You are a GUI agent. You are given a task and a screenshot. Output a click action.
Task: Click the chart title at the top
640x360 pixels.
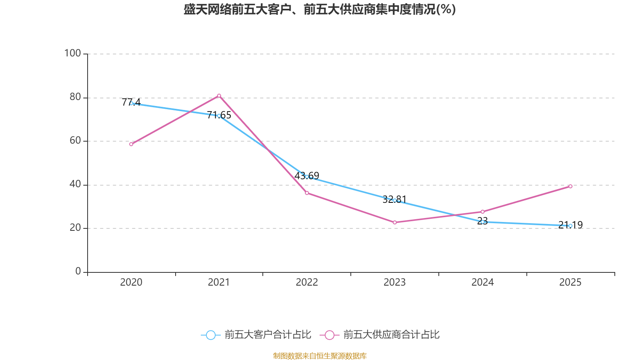320,10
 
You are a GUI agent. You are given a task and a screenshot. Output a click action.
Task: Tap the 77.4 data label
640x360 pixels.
131,102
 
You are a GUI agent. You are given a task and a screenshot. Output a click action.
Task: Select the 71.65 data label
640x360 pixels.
219,115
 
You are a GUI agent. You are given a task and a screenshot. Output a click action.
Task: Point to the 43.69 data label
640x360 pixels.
306,176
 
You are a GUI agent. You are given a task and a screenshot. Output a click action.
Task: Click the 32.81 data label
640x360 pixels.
394,199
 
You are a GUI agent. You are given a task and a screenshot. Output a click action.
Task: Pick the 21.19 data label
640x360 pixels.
570,225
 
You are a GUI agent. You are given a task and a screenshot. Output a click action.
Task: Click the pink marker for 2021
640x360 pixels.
219,96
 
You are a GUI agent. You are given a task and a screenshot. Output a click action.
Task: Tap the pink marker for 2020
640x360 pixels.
131,144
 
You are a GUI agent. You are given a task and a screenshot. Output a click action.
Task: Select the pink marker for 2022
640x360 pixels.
307,193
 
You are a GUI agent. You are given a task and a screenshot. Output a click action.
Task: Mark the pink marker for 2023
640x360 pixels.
395,222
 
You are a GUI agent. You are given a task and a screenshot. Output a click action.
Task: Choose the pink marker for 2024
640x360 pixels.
482,212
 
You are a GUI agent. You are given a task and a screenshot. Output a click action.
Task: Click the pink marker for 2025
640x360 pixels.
570,186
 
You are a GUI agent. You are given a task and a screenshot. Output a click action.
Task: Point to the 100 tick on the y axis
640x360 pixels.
72,53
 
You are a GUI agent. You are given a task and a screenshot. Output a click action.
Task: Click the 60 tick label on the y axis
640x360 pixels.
75,140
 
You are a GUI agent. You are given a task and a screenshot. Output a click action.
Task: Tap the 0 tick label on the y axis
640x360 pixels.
78,271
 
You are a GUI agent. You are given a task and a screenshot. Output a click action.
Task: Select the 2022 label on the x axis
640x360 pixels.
307,282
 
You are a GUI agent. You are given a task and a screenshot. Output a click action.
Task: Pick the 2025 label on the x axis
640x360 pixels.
570,282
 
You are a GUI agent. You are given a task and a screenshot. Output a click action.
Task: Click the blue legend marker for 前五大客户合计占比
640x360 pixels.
211,335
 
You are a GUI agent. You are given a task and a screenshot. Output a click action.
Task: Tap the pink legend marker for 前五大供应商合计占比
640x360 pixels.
330,335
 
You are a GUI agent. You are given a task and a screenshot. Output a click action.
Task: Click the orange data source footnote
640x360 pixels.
320,356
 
